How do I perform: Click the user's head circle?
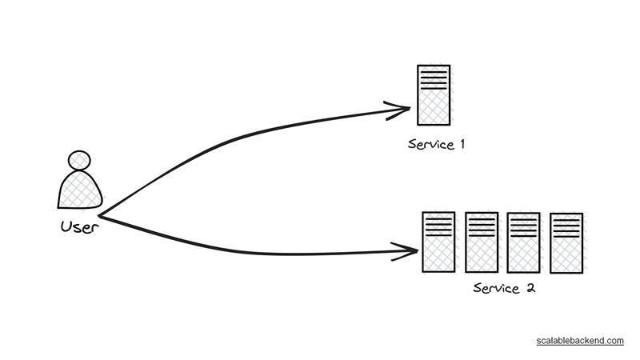click(x=79, y=160)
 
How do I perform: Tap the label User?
click(x=79, y=226)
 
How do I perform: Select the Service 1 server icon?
click(x=434, y=94)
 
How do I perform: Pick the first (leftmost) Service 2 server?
click(x=438, y=242)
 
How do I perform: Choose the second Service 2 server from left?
click(x=482, y=242)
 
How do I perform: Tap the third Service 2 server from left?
click(x=524, y=242)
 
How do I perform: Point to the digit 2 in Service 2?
click(x=530, y=288)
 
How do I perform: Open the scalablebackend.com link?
click(x=580, y=341)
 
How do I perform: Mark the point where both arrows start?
click(x=98, y=214)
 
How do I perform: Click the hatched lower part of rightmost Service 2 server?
click(x=566, y=255)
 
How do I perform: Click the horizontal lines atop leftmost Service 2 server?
click(x=438, y=225)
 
